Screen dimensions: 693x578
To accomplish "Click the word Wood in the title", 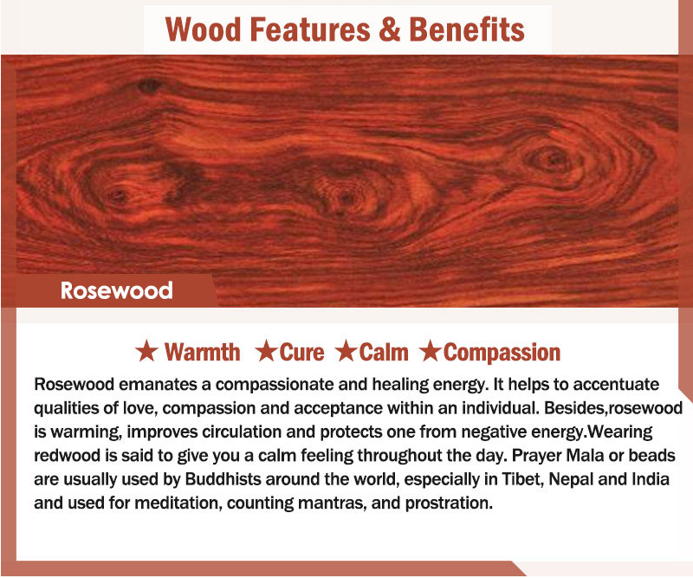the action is pyautogui.click(x=204, y=29).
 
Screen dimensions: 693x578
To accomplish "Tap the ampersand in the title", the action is pyautogui.click(x=389, y=29).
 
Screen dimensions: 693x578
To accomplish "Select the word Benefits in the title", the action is pyautogui.click(x=467, y=29).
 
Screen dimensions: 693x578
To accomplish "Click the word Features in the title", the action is pyautogui.click(x=310, y=29).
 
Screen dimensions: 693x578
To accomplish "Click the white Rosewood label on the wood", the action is pyautogui.click(x=117, y=290).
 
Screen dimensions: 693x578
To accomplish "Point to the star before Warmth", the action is pyautogui.click(x=146, y=351).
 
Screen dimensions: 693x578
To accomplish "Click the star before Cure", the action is pyautogui.click(x=266, y=351).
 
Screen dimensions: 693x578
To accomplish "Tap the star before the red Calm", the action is pyautogui.click(x=346, y=351).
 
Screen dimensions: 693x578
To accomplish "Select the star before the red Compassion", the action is pyautogui.click(x=430, y=351).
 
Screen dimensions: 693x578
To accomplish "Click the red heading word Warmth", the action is pyautogui.click(x=203, y=352).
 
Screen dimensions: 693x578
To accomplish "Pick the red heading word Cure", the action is pyautogui.click(x=301, y=352).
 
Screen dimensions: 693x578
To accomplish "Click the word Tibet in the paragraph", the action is pyautogui.click(x=522, y=479).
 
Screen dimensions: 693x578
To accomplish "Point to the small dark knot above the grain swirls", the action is pyautogui.click(x=150, y=85).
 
